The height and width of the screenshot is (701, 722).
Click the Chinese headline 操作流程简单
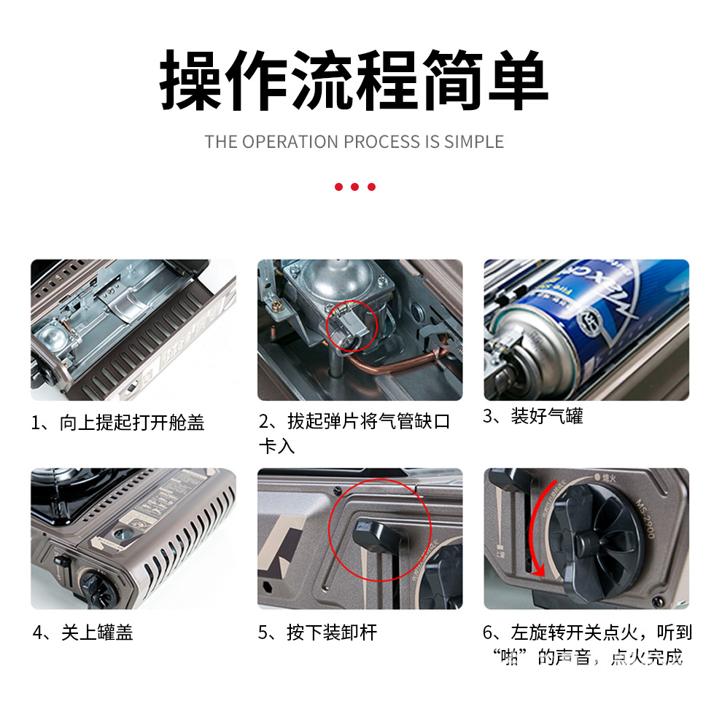[354, 81]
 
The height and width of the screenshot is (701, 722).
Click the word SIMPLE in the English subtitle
[473, 141]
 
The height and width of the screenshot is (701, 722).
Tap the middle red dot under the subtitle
[354, 187]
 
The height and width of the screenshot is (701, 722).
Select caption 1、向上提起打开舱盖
[117, 423]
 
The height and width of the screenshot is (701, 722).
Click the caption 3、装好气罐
[533, 418]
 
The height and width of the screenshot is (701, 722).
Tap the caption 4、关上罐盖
[82, 633]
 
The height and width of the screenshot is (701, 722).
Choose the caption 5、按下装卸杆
[317, 633]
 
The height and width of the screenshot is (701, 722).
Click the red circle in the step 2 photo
[350, 327]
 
